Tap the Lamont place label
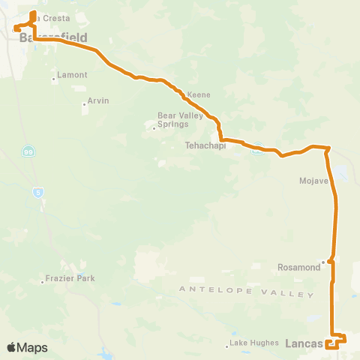73,75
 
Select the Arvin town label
98,100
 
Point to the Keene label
199,95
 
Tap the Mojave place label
314,181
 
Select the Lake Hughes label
249,343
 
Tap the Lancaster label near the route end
304,343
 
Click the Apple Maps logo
26,347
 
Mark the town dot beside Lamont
54,79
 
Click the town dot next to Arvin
84,104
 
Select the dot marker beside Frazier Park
42,282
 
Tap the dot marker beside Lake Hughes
227,346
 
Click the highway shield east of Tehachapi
256,148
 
